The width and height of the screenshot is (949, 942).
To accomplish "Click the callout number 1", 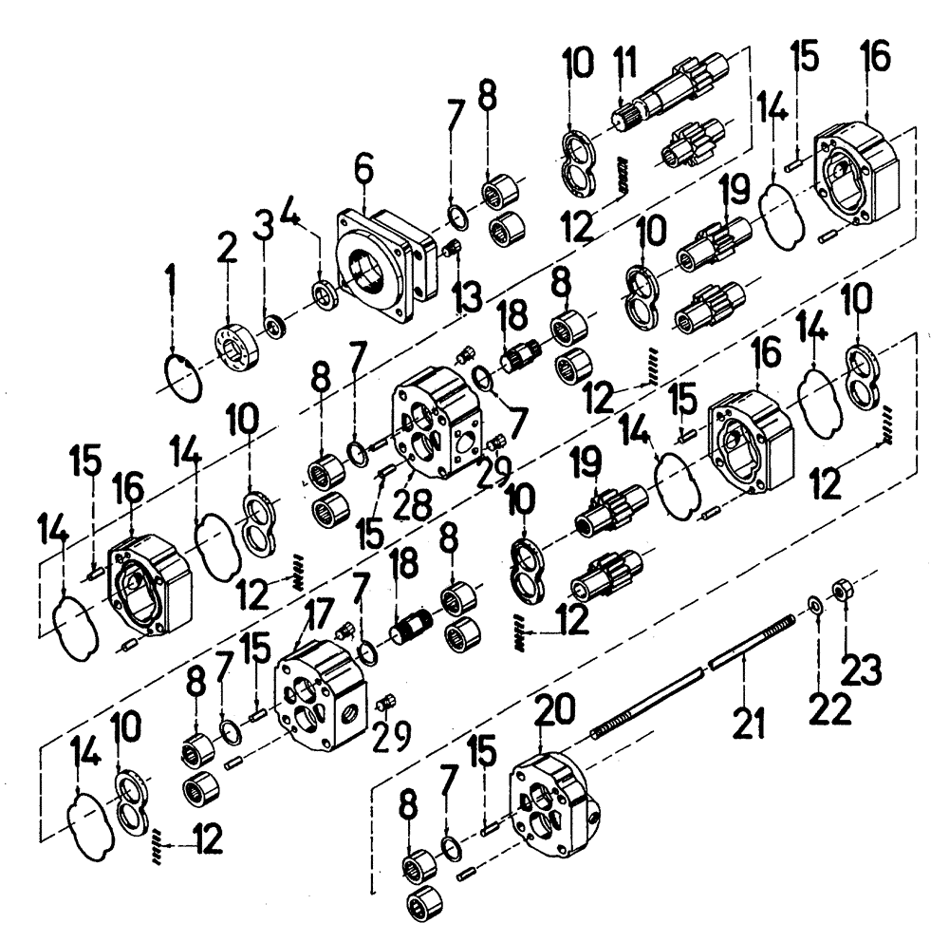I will point(171,282).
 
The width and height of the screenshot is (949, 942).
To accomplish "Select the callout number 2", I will point(226,251).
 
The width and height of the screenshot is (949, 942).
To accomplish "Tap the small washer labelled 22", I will point(815,605).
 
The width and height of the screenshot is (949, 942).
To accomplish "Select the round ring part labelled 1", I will point(181,380).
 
